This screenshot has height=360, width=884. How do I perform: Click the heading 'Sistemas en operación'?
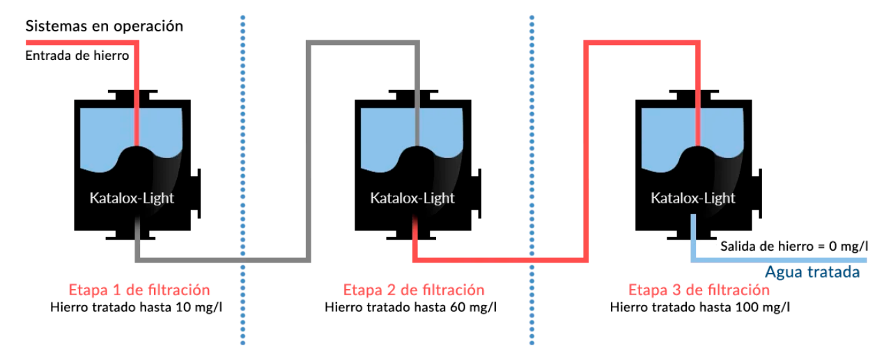click(104, 26)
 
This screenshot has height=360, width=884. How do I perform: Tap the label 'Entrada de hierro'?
click(77, 56)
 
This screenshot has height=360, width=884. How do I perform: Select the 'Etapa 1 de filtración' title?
click(139, 290)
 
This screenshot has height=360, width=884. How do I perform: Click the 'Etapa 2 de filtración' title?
click(414, 290)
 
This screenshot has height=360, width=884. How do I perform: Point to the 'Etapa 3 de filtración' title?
click(699, 290)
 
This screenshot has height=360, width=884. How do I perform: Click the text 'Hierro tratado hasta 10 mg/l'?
click(139, 306)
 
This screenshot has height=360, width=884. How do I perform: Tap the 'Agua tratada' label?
click(812, 272)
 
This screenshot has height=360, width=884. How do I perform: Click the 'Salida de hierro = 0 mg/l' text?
click(795, 246)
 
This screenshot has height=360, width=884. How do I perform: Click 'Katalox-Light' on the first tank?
click(132, 198)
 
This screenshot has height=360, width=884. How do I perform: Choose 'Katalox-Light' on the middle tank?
click(412, 198)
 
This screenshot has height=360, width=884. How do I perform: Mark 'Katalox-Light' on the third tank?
click(693, 198)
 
